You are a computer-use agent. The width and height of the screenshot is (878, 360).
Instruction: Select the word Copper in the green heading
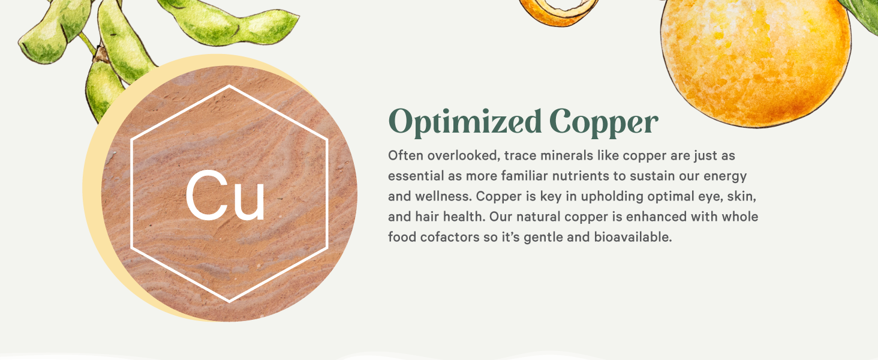(603, 123)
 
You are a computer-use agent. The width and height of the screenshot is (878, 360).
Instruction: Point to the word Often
(405, 156)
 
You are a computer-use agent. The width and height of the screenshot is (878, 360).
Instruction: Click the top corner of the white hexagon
(229, 86)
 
